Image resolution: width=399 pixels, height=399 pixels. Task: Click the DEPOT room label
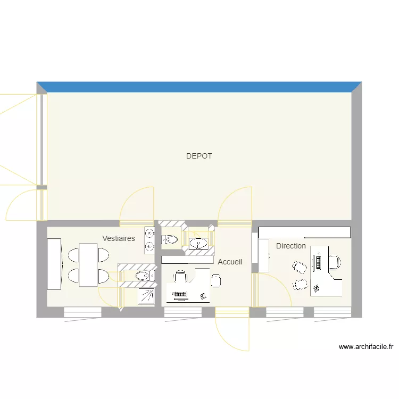click(x=199, y=156)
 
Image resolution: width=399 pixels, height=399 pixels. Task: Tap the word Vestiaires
click(x=119, y=238)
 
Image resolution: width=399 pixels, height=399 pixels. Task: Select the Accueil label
click(x=230, y=262)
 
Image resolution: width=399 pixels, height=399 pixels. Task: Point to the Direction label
click(x=291, y=246)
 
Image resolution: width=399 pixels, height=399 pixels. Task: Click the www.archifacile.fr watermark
click(x=365, y=347)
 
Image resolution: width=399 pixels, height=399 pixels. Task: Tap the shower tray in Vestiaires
click(x=148, y=296)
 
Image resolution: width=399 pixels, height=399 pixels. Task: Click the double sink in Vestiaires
click(x=149, y=239)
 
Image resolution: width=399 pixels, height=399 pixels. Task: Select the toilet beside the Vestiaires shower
click(x=143, y=276)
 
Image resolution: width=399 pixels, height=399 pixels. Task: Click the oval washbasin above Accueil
click(x=199, y=243)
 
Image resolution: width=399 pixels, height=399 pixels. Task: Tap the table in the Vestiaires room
click(x=88, y=265)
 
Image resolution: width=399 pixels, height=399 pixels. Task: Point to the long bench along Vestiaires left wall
click(x=54, y=264)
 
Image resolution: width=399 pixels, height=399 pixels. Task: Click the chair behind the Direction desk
click(x=334, y=262)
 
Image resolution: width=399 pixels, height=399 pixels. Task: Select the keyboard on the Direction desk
click(x=319, y=262)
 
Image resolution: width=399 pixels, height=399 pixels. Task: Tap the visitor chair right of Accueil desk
click(x=216, y=280)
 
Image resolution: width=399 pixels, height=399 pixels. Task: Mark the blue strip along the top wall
click(x=199, y=87)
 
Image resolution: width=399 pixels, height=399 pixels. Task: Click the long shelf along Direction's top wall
click(x=304, y=232)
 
